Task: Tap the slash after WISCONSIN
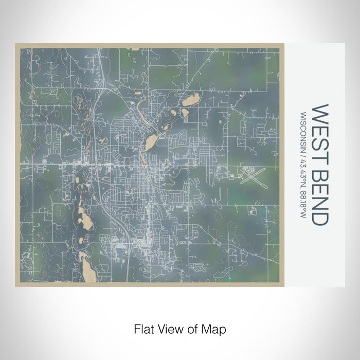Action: [303, 153]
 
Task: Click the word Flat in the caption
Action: [143, 328]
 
